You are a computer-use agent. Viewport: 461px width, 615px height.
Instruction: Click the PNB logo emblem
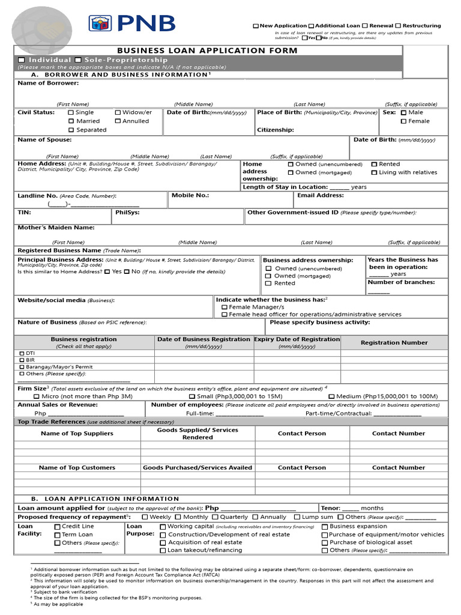pyautogui.click(x=100, y=23)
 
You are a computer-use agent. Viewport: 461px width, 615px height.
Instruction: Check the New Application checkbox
pyautogui.click(x=256, y=26)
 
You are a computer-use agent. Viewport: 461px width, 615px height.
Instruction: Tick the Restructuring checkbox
pyautogui.click(x=398, y=26)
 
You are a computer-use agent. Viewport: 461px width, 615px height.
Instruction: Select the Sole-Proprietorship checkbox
pyautogui.click(x=79, y=60)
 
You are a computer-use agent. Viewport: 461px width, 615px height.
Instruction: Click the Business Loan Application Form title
pyautogui.click(x=207, y=50)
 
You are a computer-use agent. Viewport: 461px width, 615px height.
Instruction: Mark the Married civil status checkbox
pyautogui.click(x=71, y=121)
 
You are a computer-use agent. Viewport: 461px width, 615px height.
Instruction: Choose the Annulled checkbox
pyautogui.click(x=118, y=121)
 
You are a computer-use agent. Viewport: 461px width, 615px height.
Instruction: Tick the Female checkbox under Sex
pyautogui.click(x=403, y=121)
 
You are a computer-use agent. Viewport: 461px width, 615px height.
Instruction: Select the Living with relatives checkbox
pyautogui.click(x=374, y=173)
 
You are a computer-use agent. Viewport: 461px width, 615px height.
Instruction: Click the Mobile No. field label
pyautogui.click(x=190, y=195)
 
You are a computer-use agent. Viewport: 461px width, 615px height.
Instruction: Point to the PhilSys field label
pyautogui.click(x=127, y=212)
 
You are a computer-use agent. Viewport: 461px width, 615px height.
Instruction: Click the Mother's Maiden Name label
pyautogui.click(x=56, y=228)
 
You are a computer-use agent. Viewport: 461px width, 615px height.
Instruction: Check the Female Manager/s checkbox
pyautogui.click(x=224, y=307)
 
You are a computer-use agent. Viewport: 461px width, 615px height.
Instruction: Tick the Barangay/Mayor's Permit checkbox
pyautogui.click(x=22, y=367)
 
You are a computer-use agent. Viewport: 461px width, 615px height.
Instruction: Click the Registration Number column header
pyautogui.click(x=394, y=343)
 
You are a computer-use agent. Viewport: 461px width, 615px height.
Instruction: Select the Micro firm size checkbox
pyautogui.click(x=37, y=396)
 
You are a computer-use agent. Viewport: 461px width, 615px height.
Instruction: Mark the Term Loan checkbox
pyautogui.click(x=57, y=535)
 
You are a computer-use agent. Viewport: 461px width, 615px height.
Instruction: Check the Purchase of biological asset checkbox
pyautogui.click(x=325, y=542)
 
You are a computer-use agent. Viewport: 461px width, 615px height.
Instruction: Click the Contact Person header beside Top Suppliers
pyautogui.click(x=302, y=434)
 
